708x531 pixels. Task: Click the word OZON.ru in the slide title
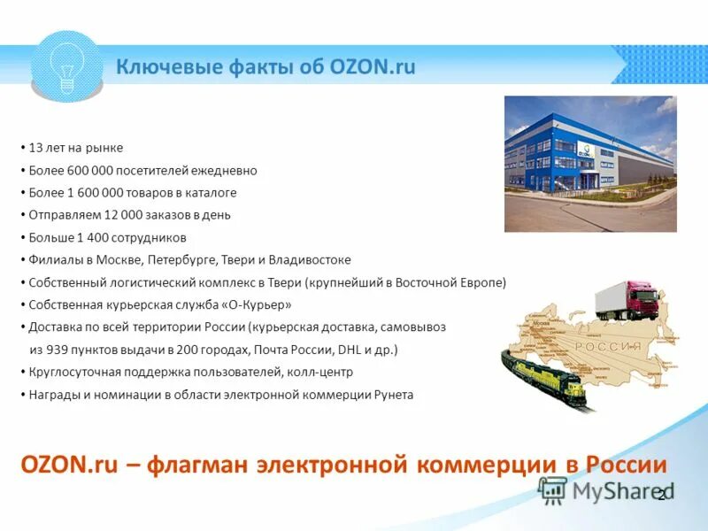pyautogui.click(x=371, y=67)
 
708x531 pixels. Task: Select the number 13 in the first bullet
pyautogui.click(x=35, y=148)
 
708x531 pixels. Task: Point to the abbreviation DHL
pyautogui.click(x=350, y=350)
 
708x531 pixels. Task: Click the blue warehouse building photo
pyautogui.click(x=589, y=164)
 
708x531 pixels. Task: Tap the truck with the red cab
pyautogui.click(x=629, y=302)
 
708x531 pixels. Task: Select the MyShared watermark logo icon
pyautogui.click(x=553, y=489)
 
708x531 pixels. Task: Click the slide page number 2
pyautogui.click(x=660, y=495)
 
